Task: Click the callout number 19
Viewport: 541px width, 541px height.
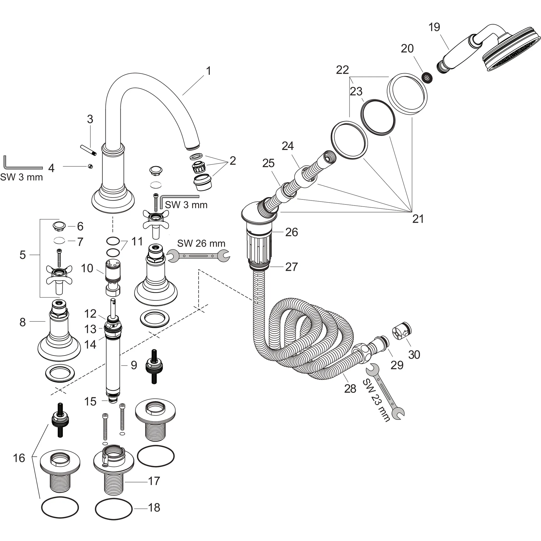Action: [x=434, y=27]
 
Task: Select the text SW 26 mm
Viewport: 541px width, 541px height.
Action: [x=201, y=243]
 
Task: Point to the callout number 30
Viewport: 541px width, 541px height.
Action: [x=414, y=355]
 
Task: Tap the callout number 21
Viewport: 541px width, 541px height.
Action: [x=418, y=219]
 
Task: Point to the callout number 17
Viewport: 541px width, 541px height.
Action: [x=154, y=481]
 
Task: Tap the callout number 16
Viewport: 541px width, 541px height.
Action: [x=19, y=458]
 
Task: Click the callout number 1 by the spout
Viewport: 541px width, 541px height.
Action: [x=208, y=71]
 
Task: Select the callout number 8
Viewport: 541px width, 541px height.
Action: [x=23, y=322]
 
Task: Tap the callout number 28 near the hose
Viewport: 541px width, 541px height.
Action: [x=350, y=389]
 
